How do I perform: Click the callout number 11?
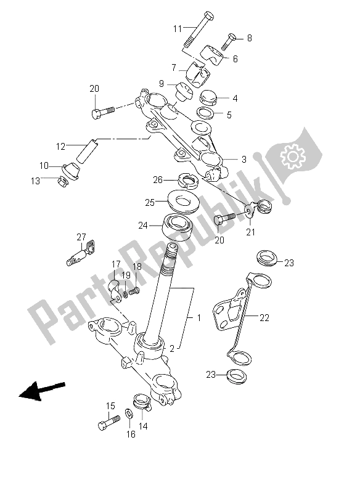pyautogui.click(x=178, y=29)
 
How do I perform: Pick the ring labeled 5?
pyautogui.click(x=206, y=113)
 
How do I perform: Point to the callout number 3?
pyautogui.click(x=244, y=160)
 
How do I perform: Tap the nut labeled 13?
pyautogui.click(x=62, y=181)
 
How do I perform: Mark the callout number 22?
pyautogui.click(x=264, y=318)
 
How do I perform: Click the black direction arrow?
pyautogui.click(x=42, y=391)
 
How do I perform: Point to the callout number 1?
pyautogui.click(x=198, y=318)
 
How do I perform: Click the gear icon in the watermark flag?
pyautogui.click(x=293, y=157)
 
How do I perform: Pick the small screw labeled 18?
pyautogui.click(x=134, y=292)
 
